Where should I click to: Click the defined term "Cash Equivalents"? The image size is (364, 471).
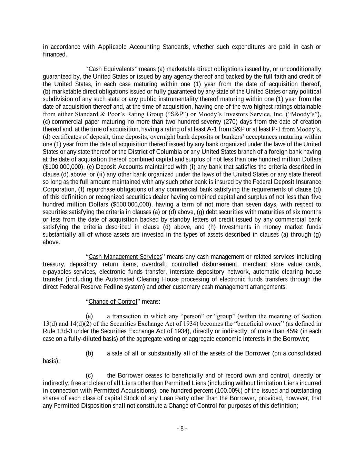(111, 69)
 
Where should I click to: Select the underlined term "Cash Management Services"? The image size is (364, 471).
(125, 257)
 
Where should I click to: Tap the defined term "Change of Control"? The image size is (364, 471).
(113, 302)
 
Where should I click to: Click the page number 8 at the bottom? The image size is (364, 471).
(182, 429)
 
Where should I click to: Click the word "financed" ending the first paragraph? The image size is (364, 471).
(54, 55)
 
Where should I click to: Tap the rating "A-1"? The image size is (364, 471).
(211, 129)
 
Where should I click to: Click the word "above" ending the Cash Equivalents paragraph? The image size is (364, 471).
(51, 242)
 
